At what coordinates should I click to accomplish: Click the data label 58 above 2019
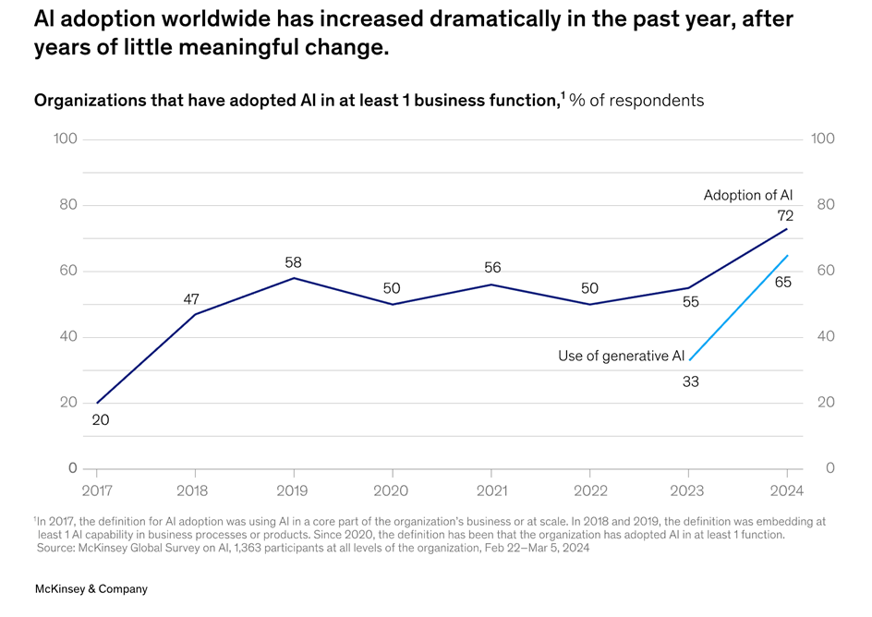tap(294, 263)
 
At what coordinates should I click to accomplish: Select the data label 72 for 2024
tap(785, 215)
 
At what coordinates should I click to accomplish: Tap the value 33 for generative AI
tap(691, 381)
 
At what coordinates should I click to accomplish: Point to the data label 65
tap(783, 282)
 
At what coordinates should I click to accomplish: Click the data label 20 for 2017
tap(100, 420)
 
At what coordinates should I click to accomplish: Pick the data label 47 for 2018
tap(190, 299)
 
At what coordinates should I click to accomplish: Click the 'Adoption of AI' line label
tap(747, 195)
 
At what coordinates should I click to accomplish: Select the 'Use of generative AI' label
tap(621, 356)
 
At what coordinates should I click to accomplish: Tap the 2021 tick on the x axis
tap(490, 490)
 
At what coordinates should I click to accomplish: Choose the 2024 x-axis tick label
tap(786, 490)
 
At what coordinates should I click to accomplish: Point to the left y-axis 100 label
tap(66, 139)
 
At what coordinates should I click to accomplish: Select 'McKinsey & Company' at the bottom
tap(91, 588)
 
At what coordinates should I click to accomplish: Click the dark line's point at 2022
tap(590, 304)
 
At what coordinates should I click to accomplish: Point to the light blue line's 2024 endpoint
tap(788, 255)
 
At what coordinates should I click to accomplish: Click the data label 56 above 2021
tap(493, 268)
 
